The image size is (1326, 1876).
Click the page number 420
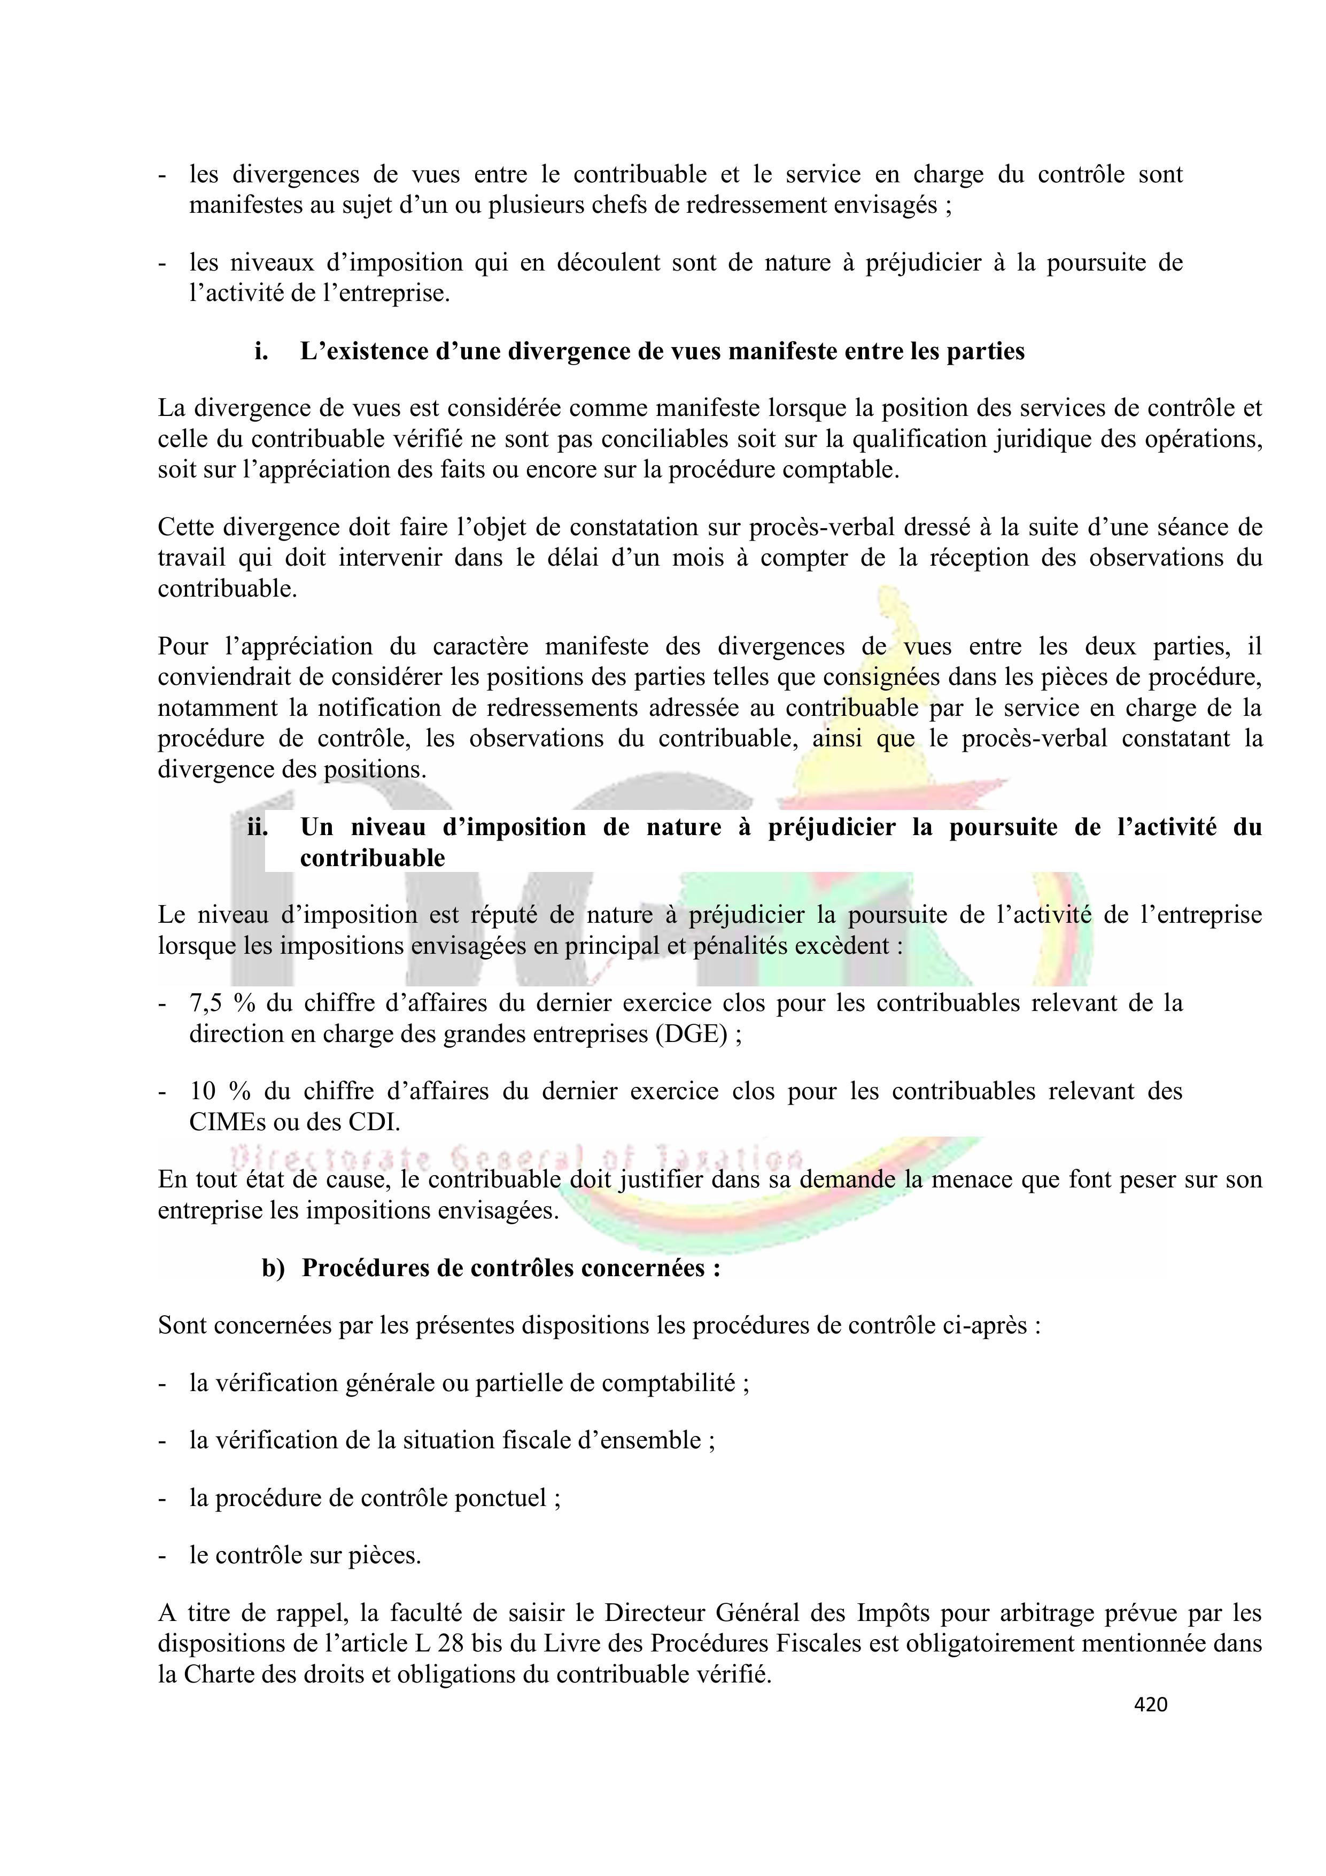pos(1150,1704)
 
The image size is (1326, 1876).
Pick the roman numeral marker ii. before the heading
pos(258,827)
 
